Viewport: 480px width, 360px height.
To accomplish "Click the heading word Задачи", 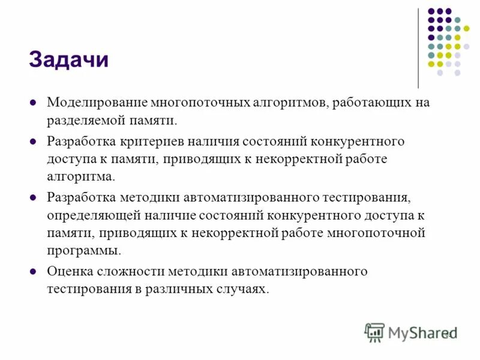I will tap(68, 60).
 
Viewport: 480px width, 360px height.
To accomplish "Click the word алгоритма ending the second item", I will tap(79, 178).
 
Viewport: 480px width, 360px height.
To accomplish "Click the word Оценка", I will tap(70, 271).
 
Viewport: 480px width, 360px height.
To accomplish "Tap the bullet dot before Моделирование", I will tap(34, 103).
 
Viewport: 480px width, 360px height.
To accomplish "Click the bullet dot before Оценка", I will tap(34, 271).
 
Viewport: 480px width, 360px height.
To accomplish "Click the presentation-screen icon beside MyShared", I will tap(374, 332).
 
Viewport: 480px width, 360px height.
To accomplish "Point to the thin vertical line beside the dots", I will tap(418, 48).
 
